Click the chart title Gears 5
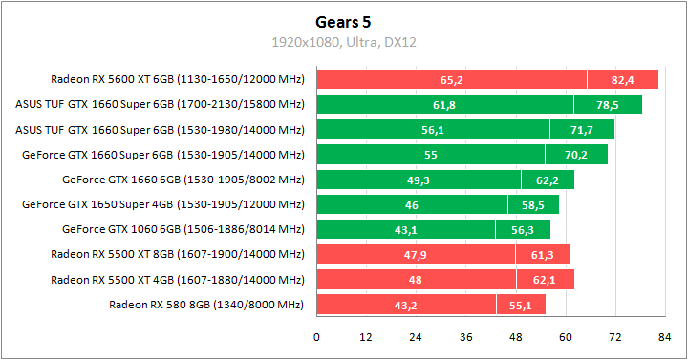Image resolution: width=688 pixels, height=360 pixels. [x=344, y=23]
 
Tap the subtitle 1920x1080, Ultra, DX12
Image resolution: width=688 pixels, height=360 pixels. [x=344, y=42]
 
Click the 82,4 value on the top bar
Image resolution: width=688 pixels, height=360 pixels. [x=623, y=79]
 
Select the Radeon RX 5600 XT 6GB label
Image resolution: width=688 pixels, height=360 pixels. [x=178, y=79]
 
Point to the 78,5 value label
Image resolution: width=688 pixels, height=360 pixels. [x=608, y=104]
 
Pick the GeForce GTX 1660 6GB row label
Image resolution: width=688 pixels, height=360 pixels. [x=183, y=179]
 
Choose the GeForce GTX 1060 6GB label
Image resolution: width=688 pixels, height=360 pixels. [x=183, y=229]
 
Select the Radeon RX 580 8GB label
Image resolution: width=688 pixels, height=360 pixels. [x=206, y=305]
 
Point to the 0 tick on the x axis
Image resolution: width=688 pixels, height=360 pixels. [x=316, y=337]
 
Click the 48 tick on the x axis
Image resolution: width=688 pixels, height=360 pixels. [x=516, y=337]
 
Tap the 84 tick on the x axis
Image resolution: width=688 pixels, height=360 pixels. [x=665, y=337]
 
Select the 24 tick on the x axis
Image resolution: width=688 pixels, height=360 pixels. [x=416, y=337]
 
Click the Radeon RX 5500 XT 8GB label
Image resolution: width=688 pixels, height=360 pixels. [x=178, y=254]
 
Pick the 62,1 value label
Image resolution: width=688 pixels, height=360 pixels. [x=546, y=280]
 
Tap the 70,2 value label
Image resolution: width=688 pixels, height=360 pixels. [x=576, y=154]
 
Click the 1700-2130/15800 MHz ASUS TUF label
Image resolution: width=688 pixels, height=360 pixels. [x=160, y=104]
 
